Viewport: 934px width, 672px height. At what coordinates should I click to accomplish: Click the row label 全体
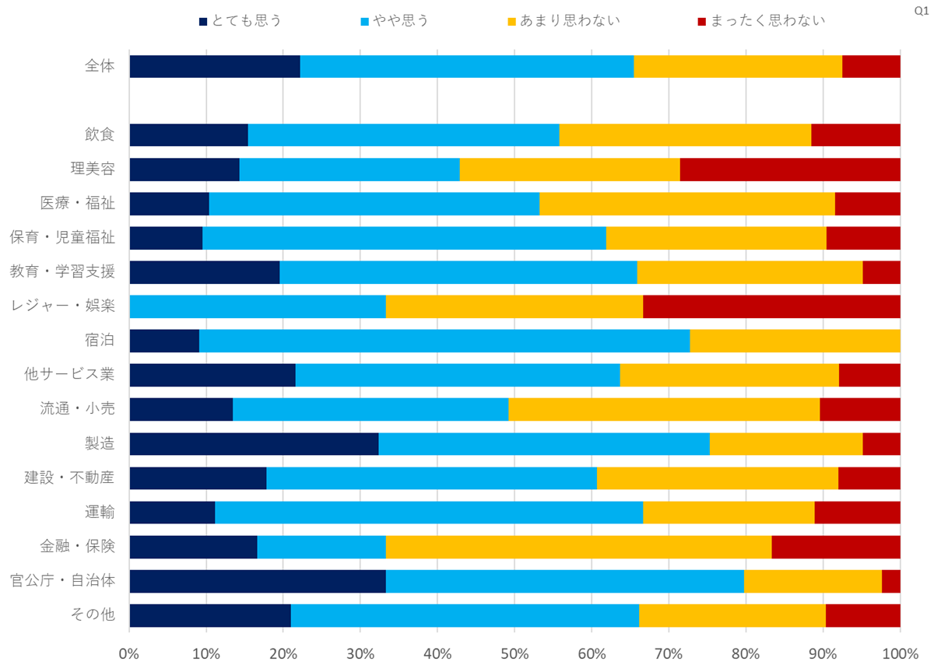100,67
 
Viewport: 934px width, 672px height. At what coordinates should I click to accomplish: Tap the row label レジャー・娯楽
62,306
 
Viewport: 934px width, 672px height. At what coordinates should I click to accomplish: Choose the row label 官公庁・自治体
62,580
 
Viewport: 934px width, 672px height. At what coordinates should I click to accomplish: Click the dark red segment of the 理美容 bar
790,170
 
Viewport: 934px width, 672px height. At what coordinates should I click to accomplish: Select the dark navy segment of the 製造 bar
254,443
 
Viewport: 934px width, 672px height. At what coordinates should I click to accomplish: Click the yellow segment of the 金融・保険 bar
578,546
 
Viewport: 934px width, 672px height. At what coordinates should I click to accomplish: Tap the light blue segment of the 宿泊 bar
444,341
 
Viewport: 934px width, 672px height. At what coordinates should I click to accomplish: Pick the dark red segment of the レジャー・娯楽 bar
771,306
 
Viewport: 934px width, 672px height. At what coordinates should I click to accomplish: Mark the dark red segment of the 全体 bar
871,67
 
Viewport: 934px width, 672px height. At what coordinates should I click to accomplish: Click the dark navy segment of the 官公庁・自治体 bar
258,580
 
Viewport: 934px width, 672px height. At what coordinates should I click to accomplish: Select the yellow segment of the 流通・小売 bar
664,409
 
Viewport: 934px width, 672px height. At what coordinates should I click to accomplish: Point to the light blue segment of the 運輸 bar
429,512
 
